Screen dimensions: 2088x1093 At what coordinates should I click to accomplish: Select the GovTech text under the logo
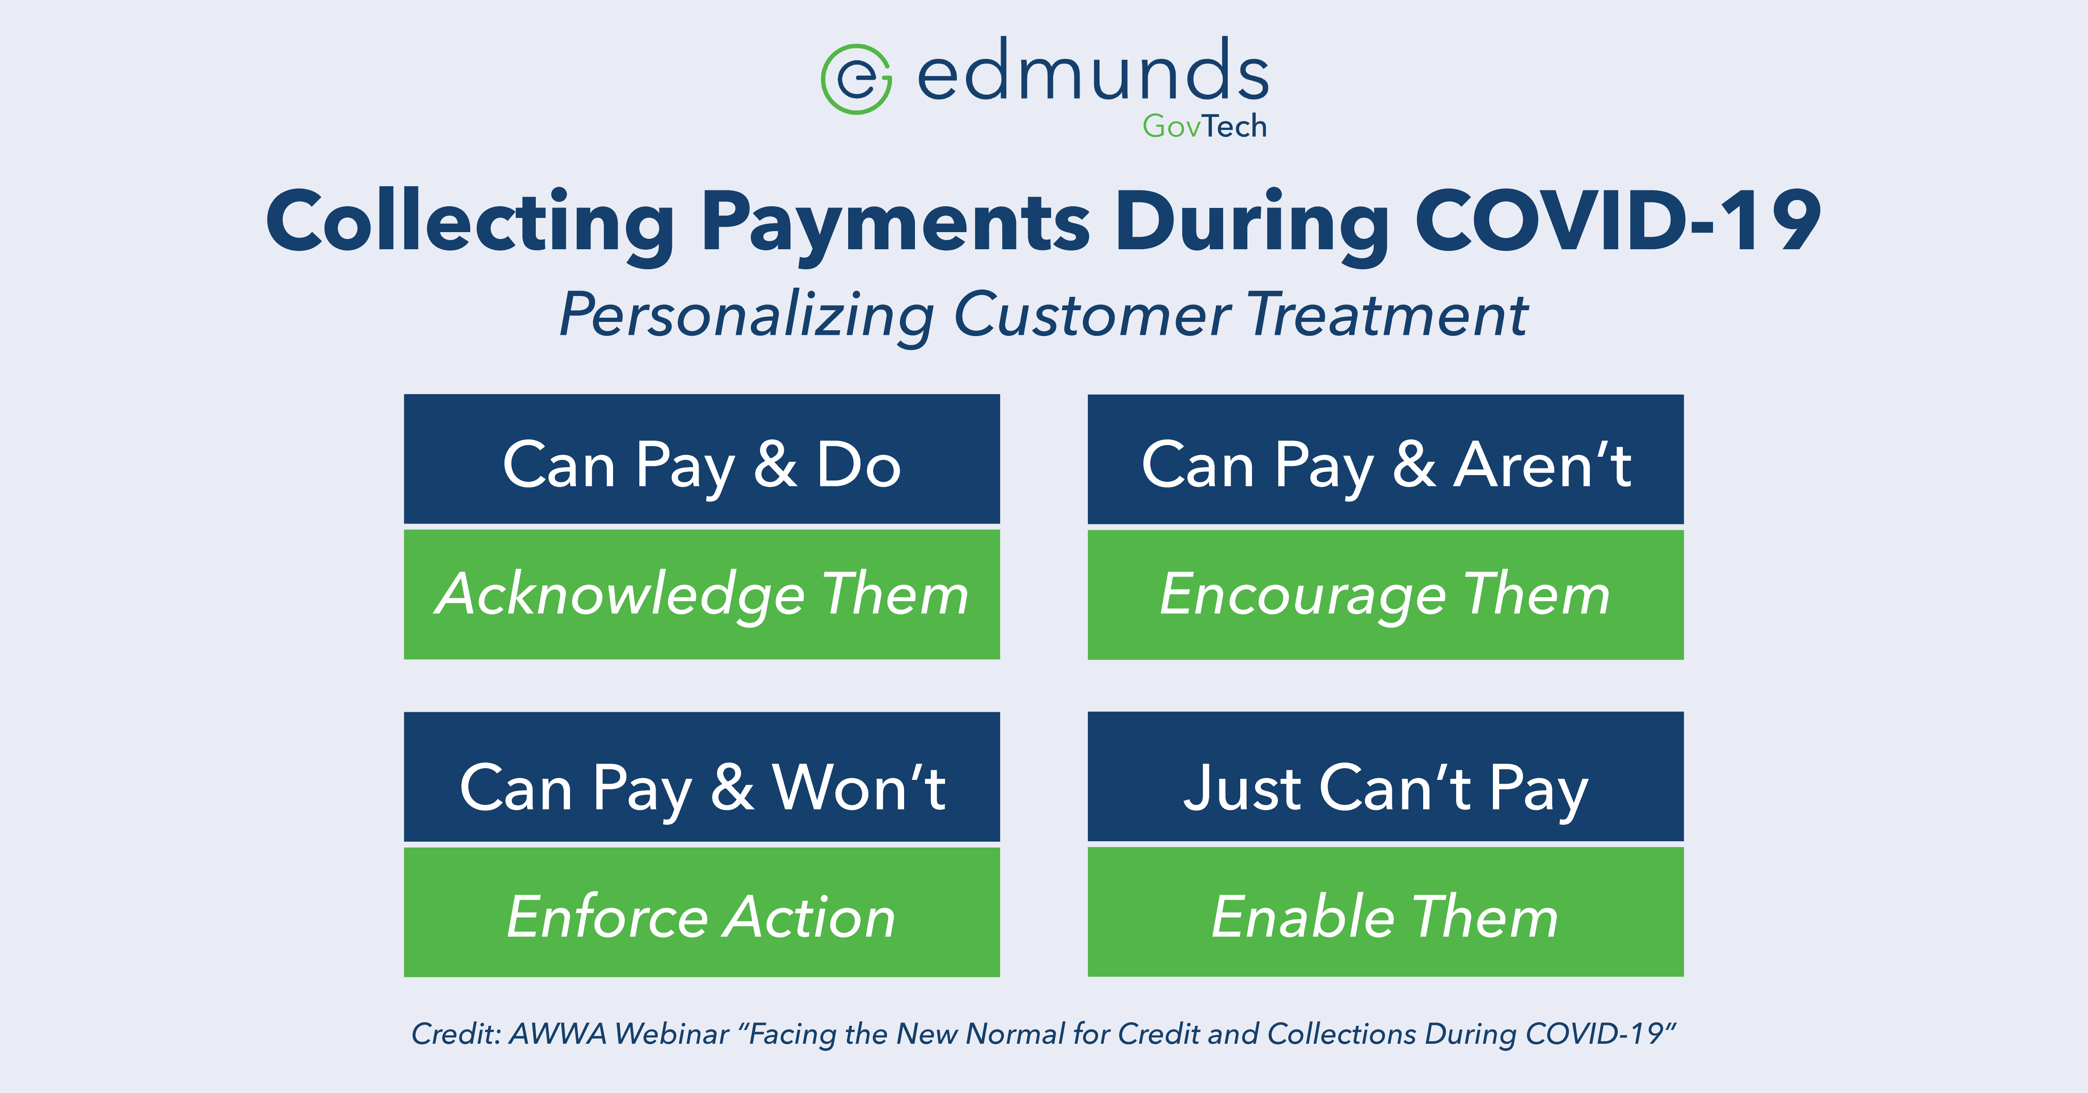tap(1204, 127)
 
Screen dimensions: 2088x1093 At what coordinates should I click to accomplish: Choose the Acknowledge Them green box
tap(702, 595)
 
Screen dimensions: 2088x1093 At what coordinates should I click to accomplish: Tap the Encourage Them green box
tap(1385, 595)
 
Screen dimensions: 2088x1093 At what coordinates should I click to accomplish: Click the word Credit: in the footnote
tap(456, 1034)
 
